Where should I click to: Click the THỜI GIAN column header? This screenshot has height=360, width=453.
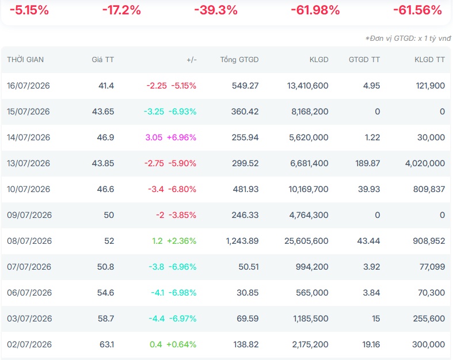[x=25, y=59]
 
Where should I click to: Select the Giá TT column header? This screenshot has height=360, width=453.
[x=103, y=59]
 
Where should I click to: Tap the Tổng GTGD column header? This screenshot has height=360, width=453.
[x=239, y=60]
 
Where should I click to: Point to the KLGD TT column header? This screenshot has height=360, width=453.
[x=429, y=59]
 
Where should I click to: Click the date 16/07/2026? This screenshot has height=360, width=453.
[x=28, y=86]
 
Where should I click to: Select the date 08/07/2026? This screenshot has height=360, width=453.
[x=29, y=241]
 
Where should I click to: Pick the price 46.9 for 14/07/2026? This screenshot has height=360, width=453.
[x=105, y=137]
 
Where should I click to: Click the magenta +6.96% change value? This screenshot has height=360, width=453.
[x=182, y=137]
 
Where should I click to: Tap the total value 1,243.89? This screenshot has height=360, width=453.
[x=242, y=241]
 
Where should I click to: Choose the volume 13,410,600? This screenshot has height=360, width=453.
[x=308, y=86]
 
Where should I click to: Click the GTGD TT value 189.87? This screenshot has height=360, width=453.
[x=367, y=163]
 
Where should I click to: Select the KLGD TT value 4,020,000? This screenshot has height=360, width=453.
[x=425, y=163]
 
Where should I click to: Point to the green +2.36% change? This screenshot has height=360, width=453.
[x=182, y=241]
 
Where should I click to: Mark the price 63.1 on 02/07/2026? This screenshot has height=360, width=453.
[x=107, y=344]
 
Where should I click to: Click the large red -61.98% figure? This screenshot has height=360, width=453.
[x=315, y=10]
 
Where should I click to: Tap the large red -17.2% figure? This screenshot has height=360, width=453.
[x=121, y=10]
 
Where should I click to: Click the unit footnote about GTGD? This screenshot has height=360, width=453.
[x=408, y=39]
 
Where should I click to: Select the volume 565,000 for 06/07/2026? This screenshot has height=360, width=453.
[x=312, y=293]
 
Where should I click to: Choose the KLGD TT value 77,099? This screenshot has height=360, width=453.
[x=432, y=267]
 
